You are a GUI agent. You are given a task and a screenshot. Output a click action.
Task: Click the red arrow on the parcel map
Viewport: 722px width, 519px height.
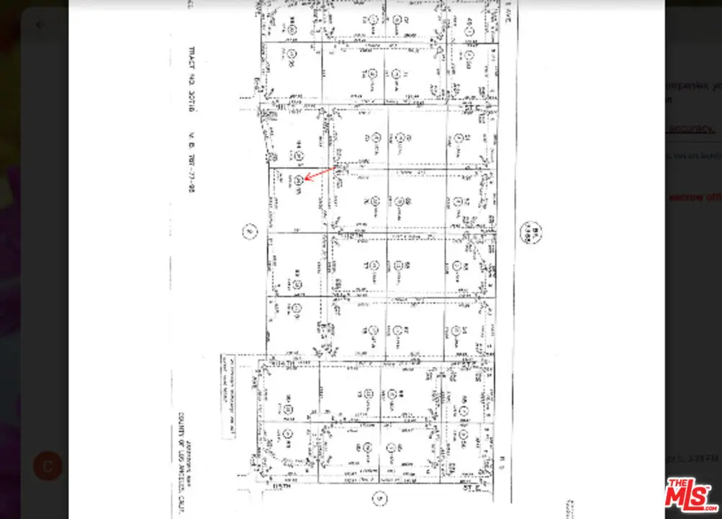coord(319,174)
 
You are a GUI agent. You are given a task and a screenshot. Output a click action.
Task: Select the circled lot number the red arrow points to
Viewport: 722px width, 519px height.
coord(297,182)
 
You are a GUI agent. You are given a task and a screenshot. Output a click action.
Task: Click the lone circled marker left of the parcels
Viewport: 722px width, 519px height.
coord(248,232)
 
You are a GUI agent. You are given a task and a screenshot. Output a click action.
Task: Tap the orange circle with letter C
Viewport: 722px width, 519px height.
coord(48,466)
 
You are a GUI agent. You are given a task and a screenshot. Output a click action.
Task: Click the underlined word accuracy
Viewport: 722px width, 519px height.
coord(690,128)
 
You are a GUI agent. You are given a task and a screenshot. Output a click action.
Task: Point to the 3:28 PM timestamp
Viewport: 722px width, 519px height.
coord(704,458)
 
